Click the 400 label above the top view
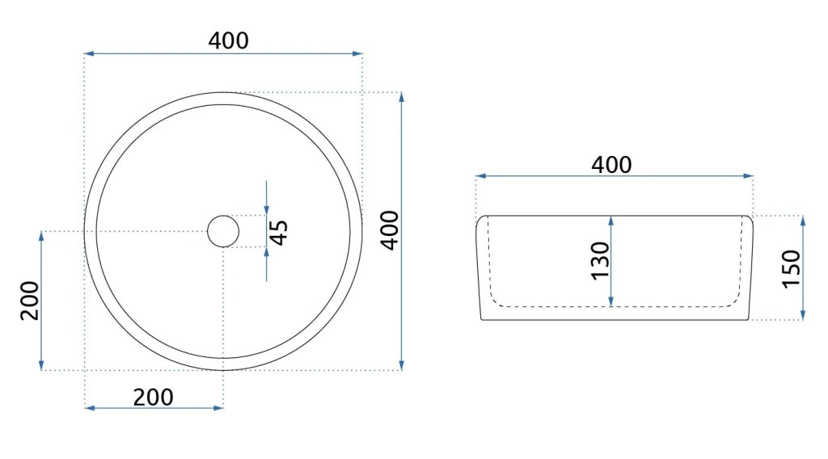228,40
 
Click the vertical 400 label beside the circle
391,230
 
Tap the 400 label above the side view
611,165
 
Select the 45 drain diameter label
279,233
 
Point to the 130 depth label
601,261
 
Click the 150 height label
791,268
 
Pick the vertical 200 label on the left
30,300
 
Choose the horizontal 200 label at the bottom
153,398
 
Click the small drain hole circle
223,232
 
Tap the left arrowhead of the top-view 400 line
89,53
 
